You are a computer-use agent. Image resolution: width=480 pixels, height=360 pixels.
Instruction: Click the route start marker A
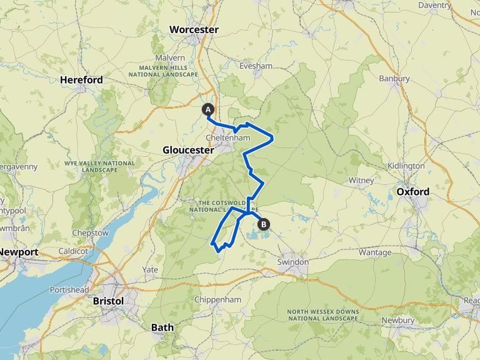(x=208, y=109)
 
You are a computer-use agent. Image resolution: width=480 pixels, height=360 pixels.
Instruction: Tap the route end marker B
(x=264, y=224)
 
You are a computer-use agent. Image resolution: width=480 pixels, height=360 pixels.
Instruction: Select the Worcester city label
(x=194, y=30)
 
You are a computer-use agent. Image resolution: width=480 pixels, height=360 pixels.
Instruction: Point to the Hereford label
(x=81, y=80)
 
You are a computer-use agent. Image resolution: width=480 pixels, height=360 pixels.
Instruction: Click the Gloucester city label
(x=188, y=150)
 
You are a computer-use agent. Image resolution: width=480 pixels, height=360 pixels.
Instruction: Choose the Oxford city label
(x=412, y=191)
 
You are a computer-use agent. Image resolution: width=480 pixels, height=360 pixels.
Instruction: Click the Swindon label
(x=293, y=262)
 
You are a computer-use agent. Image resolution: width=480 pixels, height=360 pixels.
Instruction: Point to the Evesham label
(x=256, y=66)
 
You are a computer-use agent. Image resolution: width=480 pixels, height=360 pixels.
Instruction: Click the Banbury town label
(x=394, y=79)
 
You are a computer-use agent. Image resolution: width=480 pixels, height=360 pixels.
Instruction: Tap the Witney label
(x=361, y=181)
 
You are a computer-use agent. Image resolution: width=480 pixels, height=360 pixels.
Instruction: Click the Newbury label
(x=398, y=320)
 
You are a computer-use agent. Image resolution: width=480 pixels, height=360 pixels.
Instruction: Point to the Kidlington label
(x=406, y=166)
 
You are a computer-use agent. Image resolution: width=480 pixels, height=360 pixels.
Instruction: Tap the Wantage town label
(x=375, y=252)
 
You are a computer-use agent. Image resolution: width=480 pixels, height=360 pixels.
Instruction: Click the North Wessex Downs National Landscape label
(x=323, y=315)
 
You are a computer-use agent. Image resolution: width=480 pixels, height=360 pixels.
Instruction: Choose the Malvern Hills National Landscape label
(x=158, y=71)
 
